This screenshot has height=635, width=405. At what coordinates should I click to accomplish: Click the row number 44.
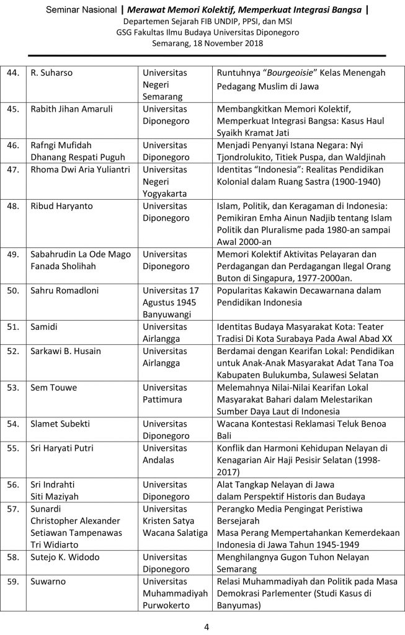[12, 73]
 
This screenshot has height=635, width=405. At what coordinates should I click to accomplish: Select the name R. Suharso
[51, 73]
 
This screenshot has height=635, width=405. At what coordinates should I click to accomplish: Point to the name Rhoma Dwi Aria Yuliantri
[79, 169]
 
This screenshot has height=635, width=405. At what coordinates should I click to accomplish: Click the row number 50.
[12, 291]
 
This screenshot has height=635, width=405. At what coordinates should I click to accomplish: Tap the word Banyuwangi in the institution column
[167, 314]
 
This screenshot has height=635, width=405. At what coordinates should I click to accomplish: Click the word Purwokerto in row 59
[168, 605]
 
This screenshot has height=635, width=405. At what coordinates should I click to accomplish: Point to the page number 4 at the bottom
[207, 626]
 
